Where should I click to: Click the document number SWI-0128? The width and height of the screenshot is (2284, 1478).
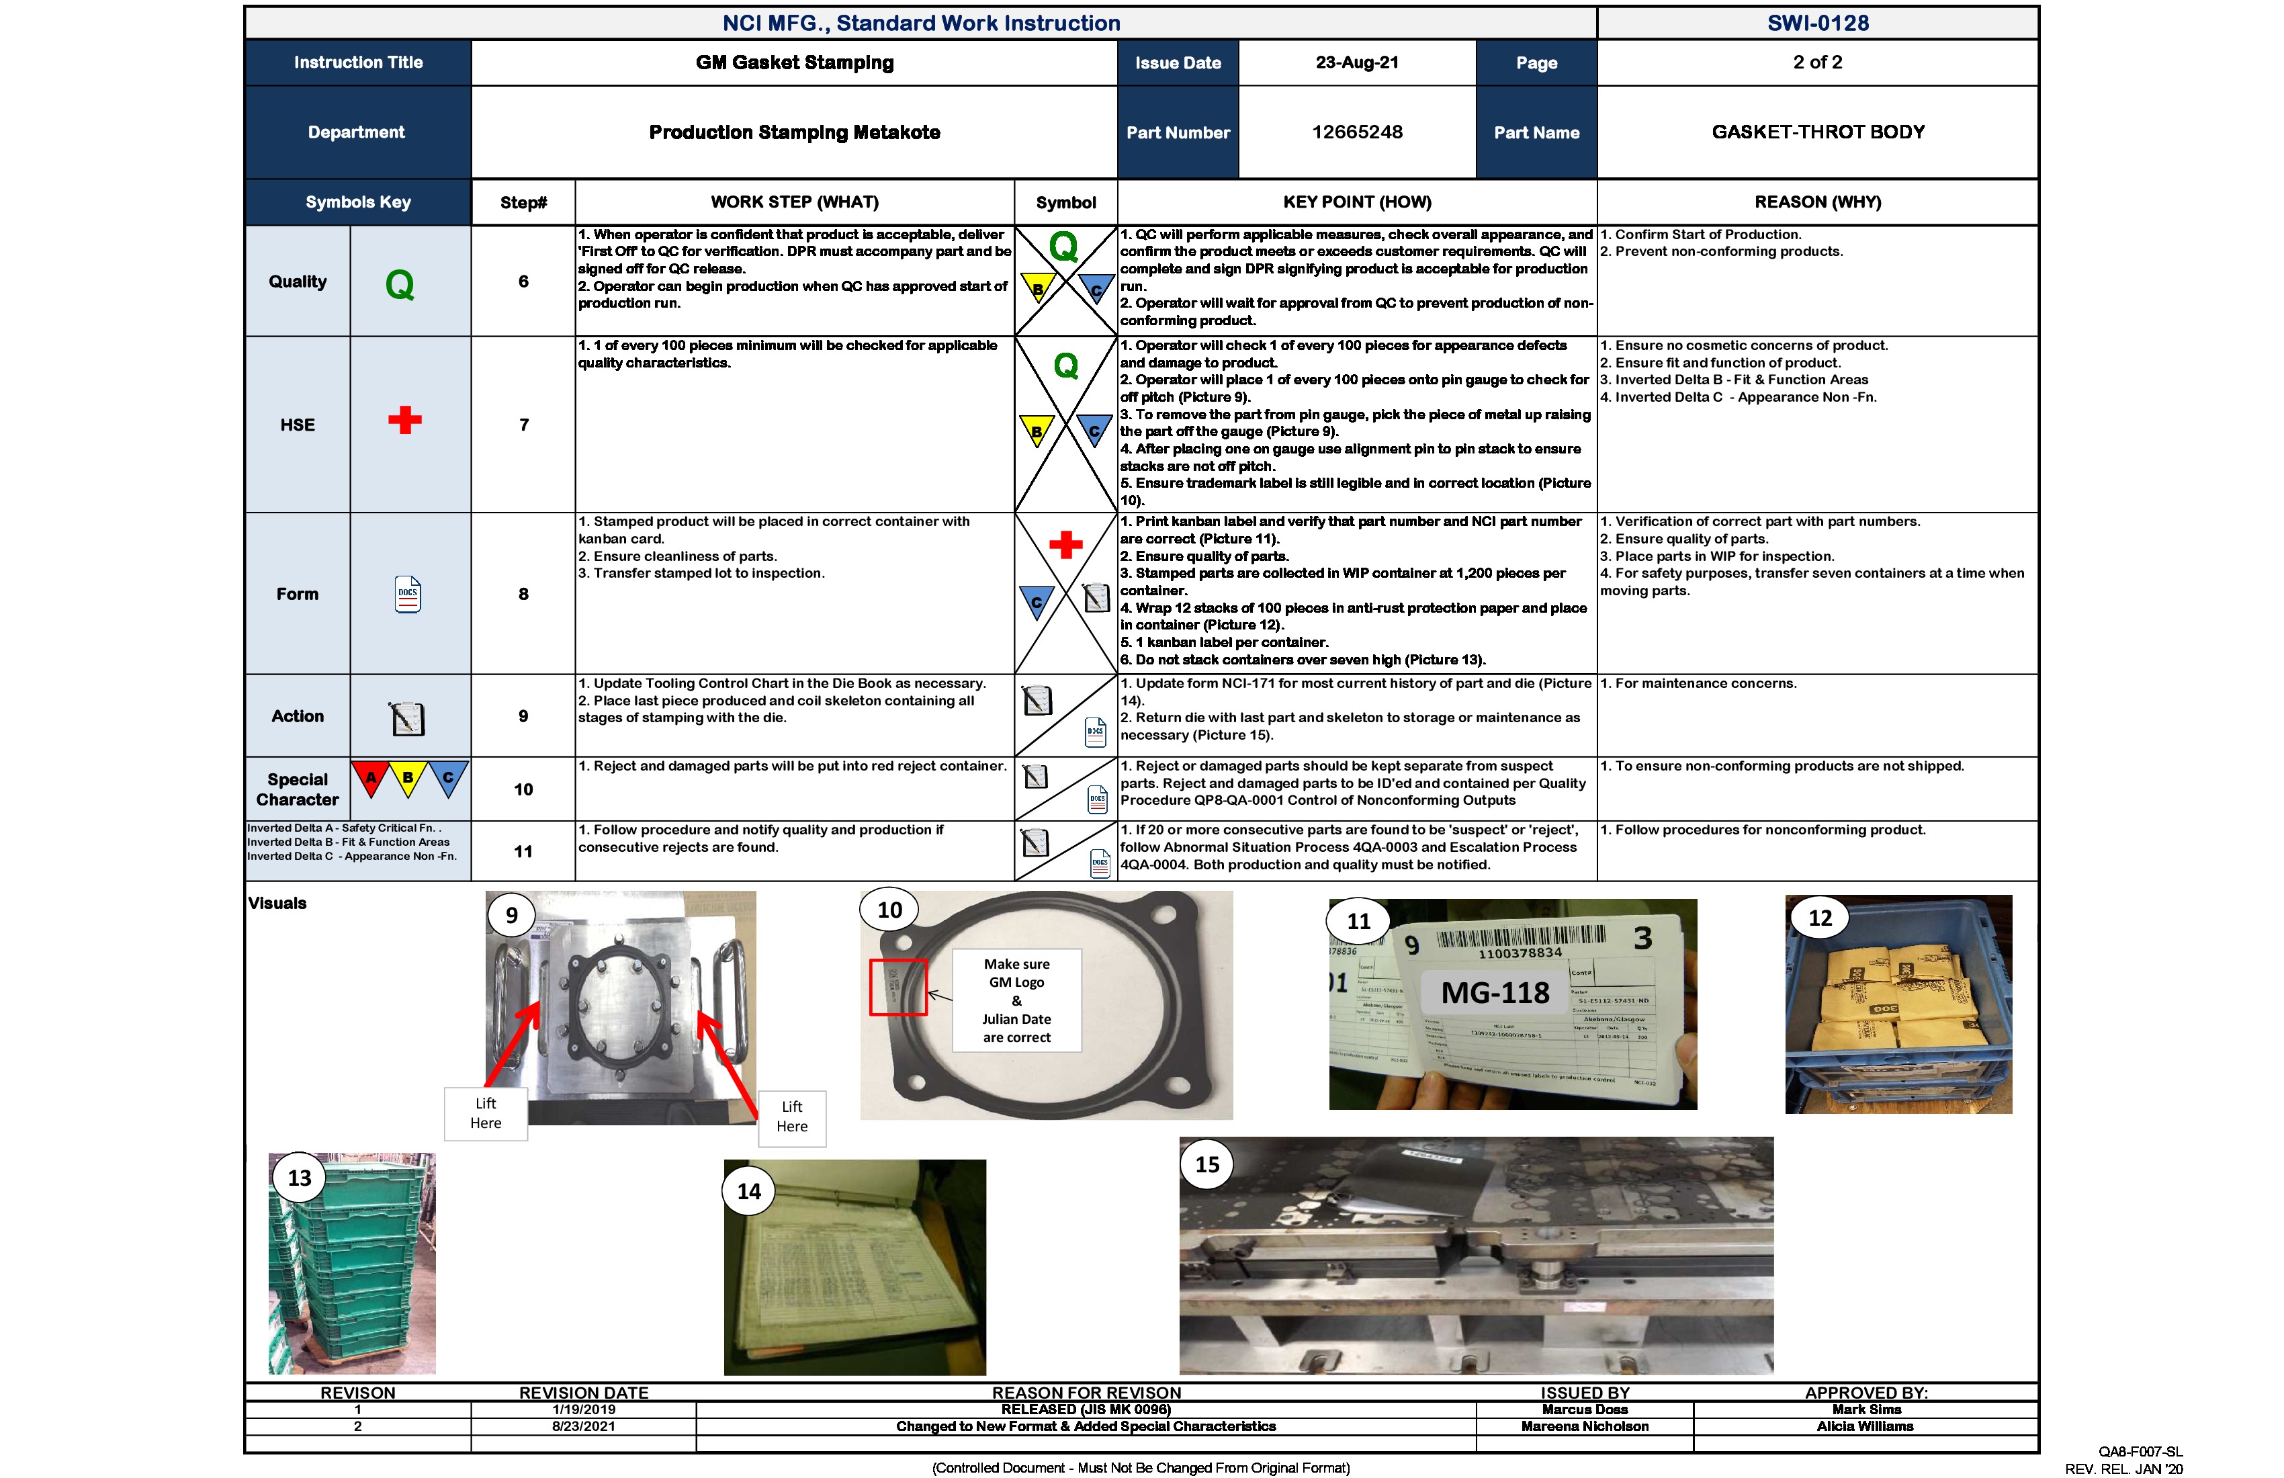[1818, 23]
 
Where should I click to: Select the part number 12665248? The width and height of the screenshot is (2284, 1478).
[1356, 132]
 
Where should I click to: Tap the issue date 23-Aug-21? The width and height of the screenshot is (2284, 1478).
[1356, 62]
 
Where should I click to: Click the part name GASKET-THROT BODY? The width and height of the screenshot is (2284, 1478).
[1818, 132]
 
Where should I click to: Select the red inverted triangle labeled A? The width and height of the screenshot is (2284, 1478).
[370, 777]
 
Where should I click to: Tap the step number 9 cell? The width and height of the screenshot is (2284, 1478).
[523, 716]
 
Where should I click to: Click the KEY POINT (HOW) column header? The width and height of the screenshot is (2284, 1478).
[1356, 202]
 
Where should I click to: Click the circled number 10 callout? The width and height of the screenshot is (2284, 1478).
[889, 910]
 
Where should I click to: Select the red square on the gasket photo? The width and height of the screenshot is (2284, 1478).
[898, 987]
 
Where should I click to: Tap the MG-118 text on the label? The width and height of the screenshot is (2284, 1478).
[1495, 992]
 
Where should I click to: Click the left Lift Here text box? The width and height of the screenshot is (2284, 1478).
[486, 1113]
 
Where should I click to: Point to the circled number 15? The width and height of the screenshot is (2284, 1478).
[1206, 1164]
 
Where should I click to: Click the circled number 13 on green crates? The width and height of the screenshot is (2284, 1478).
[300, 1178]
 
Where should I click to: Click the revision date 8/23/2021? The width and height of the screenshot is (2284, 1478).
[584, 1427]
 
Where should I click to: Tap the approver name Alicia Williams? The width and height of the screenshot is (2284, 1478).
[1865, 1427]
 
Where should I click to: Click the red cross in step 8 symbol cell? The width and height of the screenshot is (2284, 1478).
[1065, 545]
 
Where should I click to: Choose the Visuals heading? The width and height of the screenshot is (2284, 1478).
[277, 903]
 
